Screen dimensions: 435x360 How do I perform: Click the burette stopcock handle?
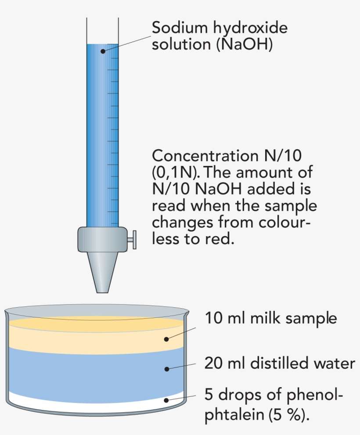pos(132,239)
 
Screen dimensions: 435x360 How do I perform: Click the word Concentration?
pos(200,156)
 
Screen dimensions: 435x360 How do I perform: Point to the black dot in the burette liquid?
pos(103,51)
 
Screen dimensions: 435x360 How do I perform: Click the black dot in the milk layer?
pos(167,339)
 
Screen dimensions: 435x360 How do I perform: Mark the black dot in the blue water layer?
pos(167,369)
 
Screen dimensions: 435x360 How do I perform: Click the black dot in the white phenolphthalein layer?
pos(167,399)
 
